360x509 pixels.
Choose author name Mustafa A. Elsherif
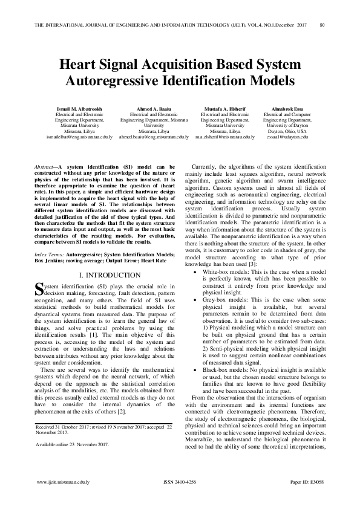pyautogui.click(x=224, y=109)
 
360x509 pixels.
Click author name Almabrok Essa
pyautogui.click(x=287, y=109)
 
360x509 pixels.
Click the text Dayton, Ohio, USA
pyautogui.click(x=287, y=131)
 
